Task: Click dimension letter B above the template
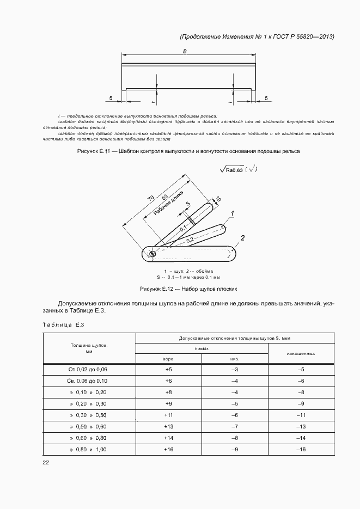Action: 185,51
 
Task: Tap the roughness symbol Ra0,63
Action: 233,170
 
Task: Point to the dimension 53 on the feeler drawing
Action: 164,199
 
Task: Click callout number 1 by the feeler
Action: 233,213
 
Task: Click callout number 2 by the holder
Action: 243,237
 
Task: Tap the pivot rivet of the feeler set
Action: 152,253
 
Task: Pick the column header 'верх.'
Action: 168,359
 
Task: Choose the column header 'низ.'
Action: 235,359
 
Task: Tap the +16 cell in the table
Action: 168,450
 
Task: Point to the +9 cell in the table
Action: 168,404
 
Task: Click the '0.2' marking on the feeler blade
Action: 189,240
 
